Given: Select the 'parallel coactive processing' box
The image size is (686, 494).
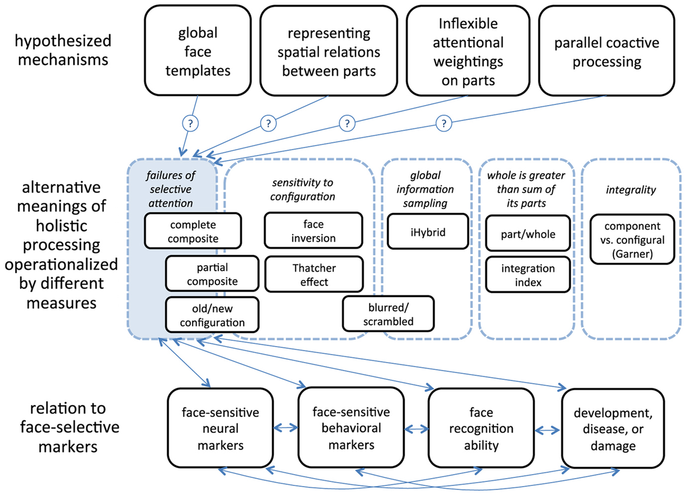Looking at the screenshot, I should pyautogui.click(x=606, y=51).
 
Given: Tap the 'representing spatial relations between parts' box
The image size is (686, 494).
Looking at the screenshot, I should pyautogui.click(x=329, y=51).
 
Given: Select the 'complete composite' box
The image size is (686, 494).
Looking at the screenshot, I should pyautogui.click(x=181, y=231).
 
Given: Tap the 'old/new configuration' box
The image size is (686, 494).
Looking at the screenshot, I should pyautogui.click(x=212, y=315).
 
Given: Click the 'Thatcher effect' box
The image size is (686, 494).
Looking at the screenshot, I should pyautogui.click(x=313, y=275).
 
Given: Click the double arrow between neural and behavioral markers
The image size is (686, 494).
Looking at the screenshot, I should pyautogui.click(x=284, y=428).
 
